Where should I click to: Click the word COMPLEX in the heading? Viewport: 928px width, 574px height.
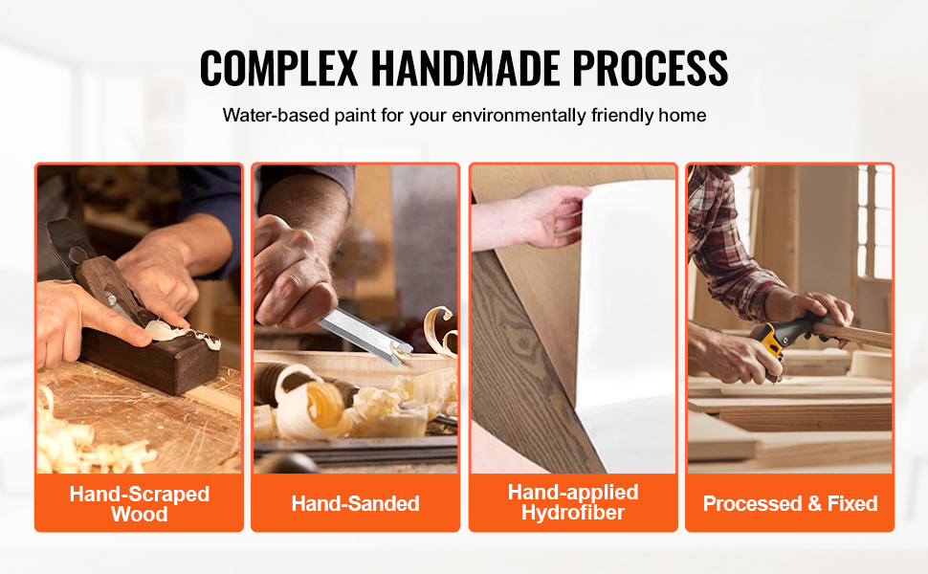tap(278, 68)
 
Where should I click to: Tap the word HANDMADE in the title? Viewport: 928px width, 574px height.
tap(465, 68)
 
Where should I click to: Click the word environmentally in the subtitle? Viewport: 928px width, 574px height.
tap(519, 116)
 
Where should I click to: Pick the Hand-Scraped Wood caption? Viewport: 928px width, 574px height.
tap(139, 503)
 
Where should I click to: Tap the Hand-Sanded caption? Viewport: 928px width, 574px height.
tap(355, 503)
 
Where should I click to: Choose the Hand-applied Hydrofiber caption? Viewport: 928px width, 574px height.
tap(573, 502)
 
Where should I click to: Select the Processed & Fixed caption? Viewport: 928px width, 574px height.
tap(790, 503)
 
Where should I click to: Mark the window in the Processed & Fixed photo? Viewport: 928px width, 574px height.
tap(874, 222)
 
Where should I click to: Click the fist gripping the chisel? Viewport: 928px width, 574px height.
tap(292, 276)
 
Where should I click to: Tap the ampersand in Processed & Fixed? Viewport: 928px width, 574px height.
tap(814, 503)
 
